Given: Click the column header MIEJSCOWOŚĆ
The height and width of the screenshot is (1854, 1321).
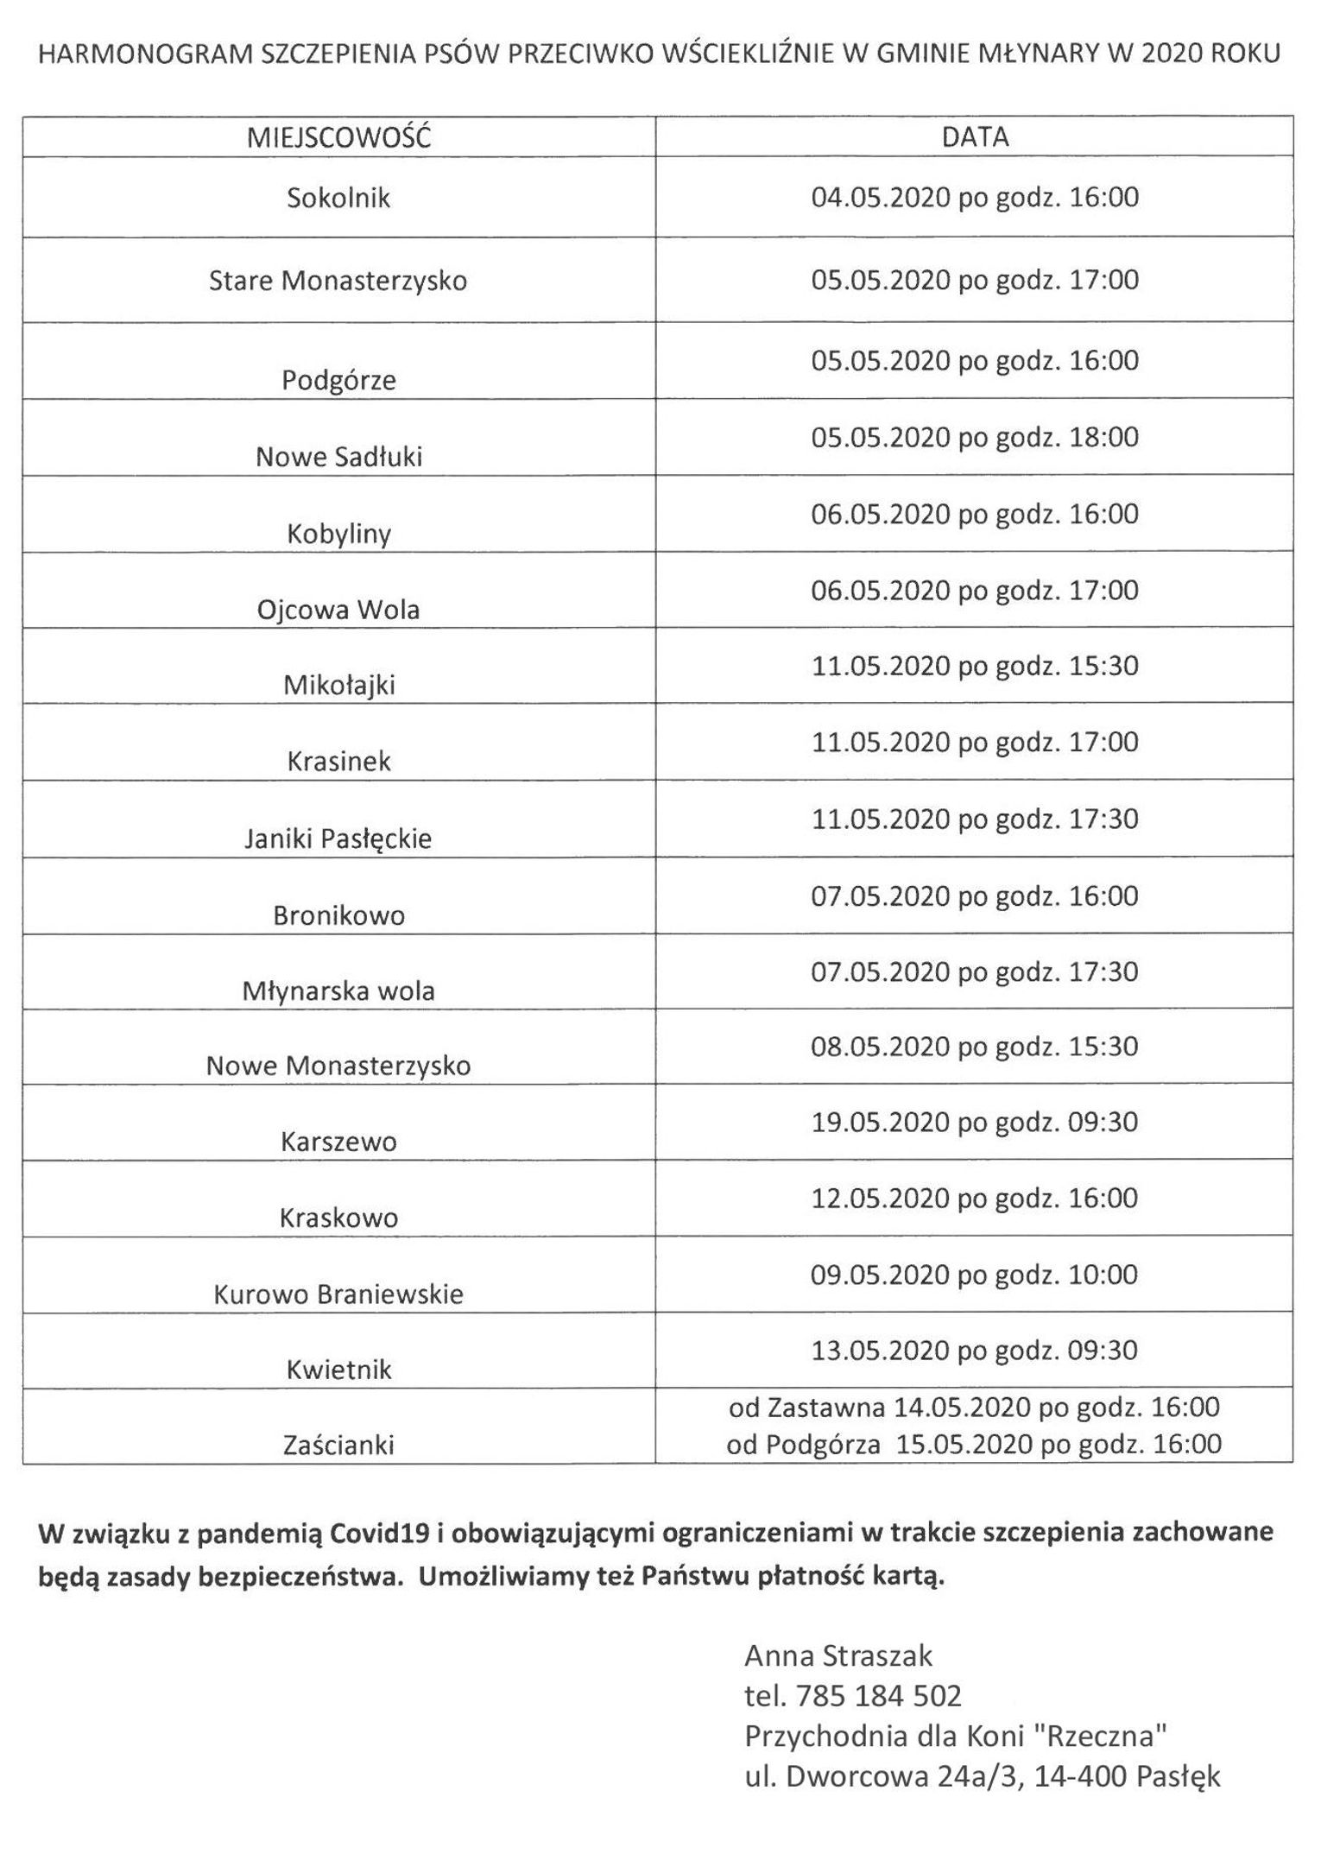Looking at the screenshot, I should tap(338, 137).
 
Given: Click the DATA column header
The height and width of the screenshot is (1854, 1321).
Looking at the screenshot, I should tap(975, 137).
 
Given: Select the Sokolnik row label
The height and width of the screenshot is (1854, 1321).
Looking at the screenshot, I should tap(338, 198).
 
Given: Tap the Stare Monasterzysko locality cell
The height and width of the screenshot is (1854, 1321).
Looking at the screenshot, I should tap(338, 281).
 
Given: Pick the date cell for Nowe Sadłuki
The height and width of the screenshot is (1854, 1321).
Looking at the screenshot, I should tap(975, 437).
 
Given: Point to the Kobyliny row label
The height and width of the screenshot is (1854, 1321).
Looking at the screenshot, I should tap(338, 534).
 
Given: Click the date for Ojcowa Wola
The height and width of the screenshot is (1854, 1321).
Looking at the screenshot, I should tap(975, 591).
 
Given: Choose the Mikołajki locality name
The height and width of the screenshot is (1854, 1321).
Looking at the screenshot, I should tap(338, 686).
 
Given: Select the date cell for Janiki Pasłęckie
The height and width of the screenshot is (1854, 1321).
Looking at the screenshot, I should tap(975, 819).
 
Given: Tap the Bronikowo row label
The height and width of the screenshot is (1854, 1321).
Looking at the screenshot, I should tap(338, 915).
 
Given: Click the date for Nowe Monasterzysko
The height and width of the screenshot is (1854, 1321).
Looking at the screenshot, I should tap(975, 1047).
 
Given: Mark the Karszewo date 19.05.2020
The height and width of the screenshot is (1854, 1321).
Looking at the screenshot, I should tap(975, 1123).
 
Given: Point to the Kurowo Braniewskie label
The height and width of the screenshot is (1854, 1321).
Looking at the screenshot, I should tap(338, 1294).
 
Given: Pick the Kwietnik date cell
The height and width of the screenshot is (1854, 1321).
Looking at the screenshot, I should tap(975, 1350).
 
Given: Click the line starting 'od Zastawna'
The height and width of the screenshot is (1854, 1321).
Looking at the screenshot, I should tap(974, 1408).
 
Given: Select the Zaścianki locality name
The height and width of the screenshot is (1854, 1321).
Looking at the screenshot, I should tap(338, 1445).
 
